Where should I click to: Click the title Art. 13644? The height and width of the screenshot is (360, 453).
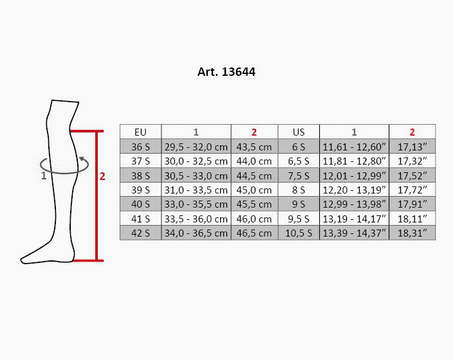(x=226, y=72)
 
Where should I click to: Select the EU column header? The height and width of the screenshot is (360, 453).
(x=140, y=132)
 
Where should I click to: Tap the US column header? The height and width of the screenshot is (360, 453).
(x=299, y=132)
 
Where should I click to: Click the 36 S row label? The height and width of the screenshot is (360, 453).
(x=140, y=147)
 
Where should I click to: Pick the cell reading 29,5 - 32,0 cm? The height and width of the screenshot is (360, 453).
(x=196, y=147)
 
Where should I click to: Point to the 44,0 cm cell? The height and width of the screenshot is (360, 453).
(x=254, y=161)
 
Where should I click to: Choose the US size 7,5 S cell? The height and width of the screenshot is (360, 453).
(x=299, y=175)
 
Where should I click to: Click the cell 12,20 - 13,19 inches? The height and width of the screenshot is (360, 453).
(x=354, y=190)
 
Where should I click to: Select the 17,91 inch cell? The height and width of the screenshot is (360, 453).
(x=412, y=204)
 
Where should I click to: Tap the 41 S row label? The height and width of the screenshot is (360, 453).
(x=140, y=219)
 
